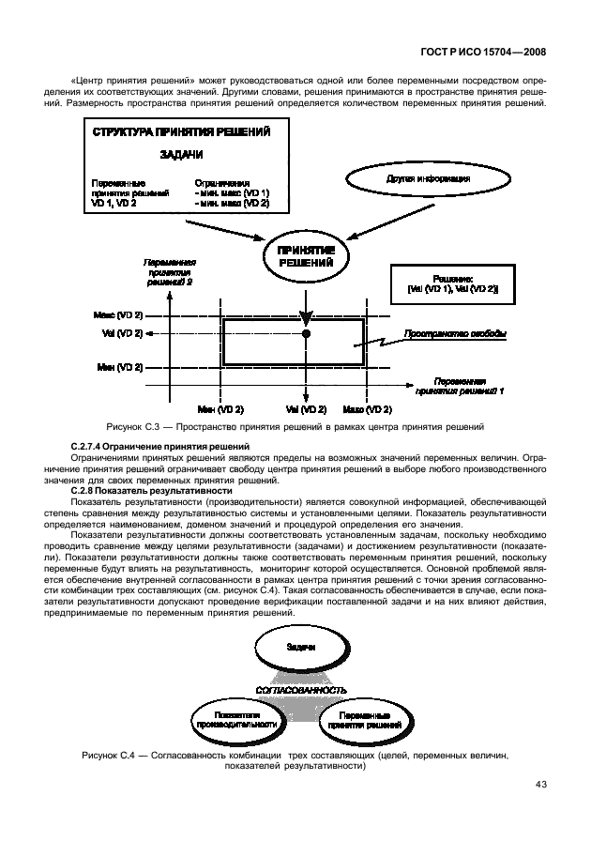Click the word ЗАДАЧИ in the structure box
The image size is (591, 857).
[176, 156]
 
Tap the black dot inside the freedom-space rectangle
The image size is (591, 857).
[306, 333]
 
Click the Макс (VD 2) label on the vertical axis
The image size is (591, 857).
[118, 314]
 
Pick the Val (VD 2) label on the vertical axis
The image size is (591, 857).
[122, 333]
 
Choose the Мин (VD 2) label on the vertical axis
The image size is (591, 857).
[120, 367]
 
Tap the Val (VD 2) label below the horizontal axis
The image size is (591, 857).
[306, 410]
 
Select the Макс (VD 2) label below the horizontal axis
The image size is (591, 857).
[367, 410]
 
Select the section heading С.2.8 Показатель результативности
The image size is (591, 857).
[151, 490]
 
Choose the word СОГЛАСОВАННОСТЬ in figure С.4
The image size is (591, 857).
[302, 689]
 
